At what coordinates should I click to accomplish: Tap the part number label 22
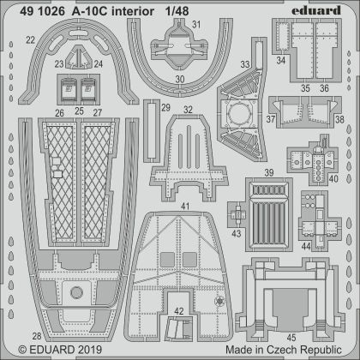30,40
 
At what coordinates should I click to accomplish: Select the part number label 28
32,335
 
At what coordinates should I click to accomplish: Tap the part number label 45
291,336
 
